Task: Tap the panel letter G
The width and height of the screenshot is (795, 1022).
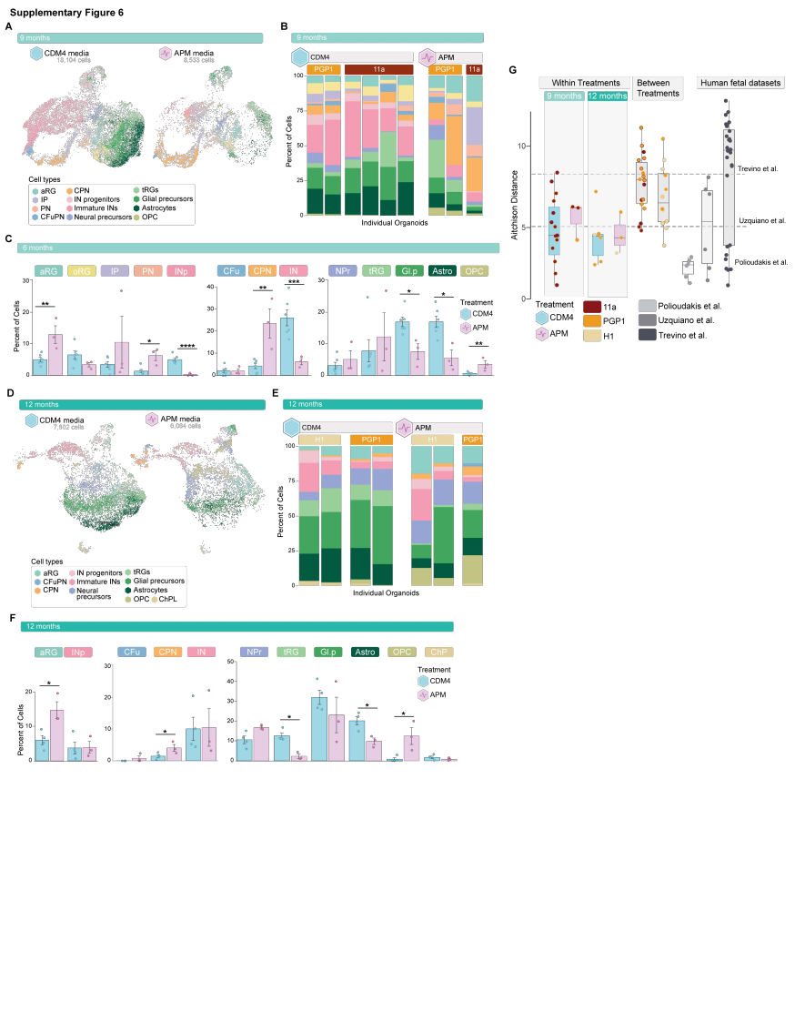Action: [x=513, y=70]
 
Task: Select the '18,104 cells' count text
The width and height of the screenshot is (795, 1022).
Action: [x=76, y=60]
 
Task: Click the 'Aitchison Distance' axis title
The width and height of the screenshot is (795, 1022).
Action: [x=514, y=205]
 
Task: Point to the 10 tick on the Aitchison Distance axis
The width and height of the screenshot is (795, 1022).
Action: [x=523, y=146]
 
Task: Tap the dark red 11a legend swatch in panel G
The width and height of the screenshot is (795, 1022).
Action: [x=592, y=308]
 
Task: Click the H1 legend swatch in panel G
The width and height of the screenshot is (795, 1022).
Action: [x=592, y=335]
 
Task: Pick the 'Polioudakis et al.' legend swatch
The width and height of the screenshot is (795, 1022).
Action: [x=647, y=307]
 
